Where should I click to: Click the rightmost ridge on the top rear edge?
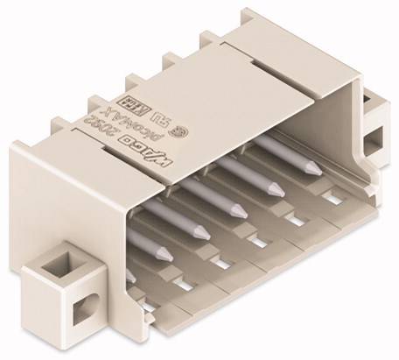coord(209,40)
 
